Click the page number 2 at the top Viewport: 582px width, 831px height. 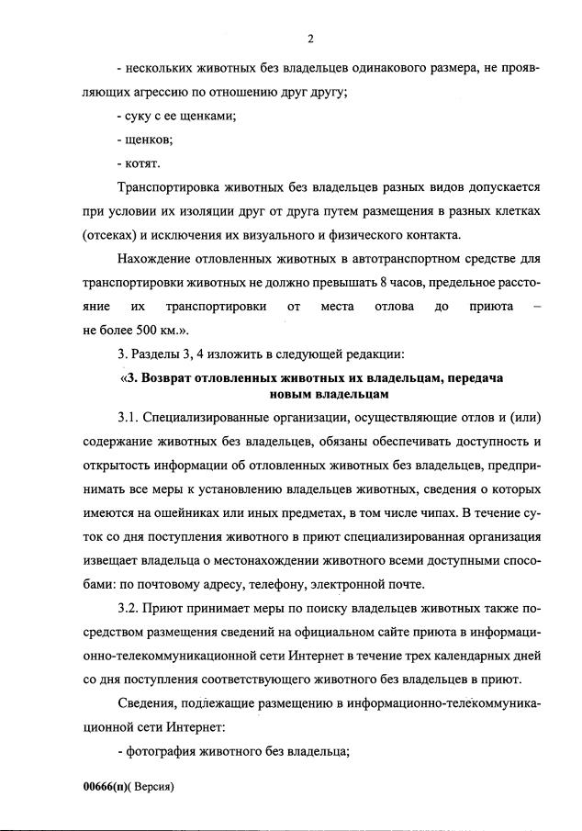click(x=310, y=38)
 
